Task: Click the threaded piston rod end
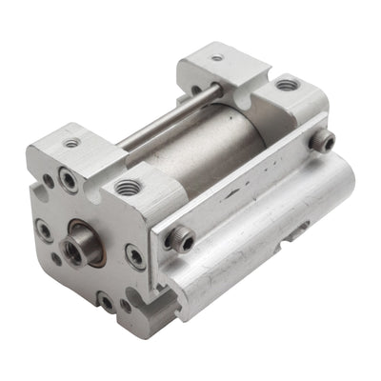(x=73, y=251)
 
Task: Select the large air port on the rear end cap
(x=286, y=86)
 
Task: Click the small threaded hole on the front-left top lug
(x=71, y=143)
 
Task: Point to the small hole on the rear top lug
(x=218, y=57)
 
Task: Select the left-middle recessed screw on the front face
(x=44, y=229)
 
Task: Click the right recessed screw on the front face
(x=135, y=255)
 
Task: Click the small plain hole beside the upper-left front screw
(x=49, y=182)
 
